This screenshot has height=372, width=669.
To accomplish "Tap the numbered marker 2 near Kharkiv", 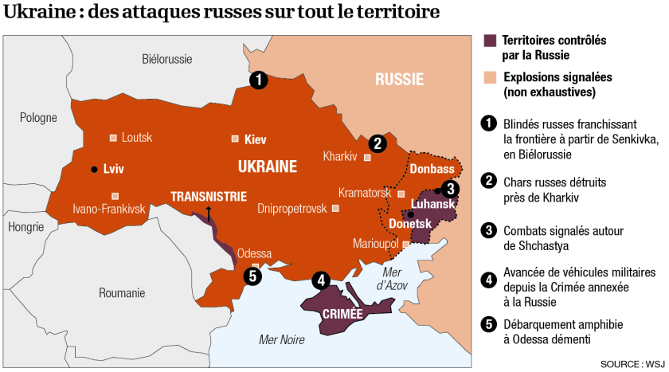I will click(377, 143).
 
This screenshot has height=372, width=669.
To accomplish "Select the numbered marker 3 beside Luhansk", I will click(451, 189).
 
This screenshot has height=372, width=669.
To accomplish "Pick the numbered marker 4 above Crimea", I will click(321, 280).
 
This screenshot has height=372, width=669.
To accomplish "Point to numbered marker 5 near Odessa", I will click(252, 277).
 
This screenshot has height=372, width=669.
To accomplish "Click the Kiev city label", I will click(255, 139).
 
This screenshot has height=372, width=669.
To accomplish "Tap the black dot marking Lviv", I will click(94, 169).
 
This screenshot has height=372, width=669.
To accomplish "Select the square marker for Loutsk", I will click(113, 138).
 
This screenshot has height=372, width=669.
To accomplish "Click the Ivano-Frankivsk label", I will click(109, 209).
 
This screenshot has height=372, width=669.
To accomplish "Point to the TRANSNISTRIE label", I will click(209, 196).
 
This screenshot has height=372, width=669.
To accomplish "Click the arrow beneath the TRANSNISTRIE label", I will click(209, 212).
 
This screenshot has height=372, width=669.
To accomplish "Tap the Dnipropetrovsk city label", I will click(292, 209).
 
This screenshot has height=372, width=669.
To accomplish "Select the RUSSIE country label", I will click(399, 80).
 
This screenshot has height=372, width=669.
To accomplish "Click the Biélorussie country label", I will click(167, 59).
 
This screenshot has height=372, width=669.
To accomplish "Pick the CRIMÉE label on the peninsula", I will click(342, 314).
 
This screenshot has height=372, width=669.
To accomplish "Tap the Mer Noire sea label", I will click(282, 340).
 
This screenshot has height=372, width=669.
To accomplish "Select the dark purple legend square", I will click(491, 41).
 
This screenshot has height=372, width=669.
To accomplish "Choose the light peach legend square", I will click(491, 78).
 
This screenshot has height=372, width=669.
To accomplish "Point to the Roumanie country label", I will click(122, 293).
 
